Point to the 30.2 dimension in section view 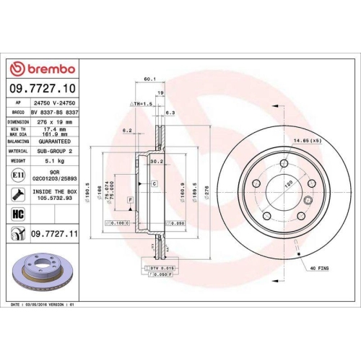tap(154, 162)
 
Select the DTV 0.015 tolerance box tap(162, 268)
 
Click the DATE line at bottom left tap(43, 305)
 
